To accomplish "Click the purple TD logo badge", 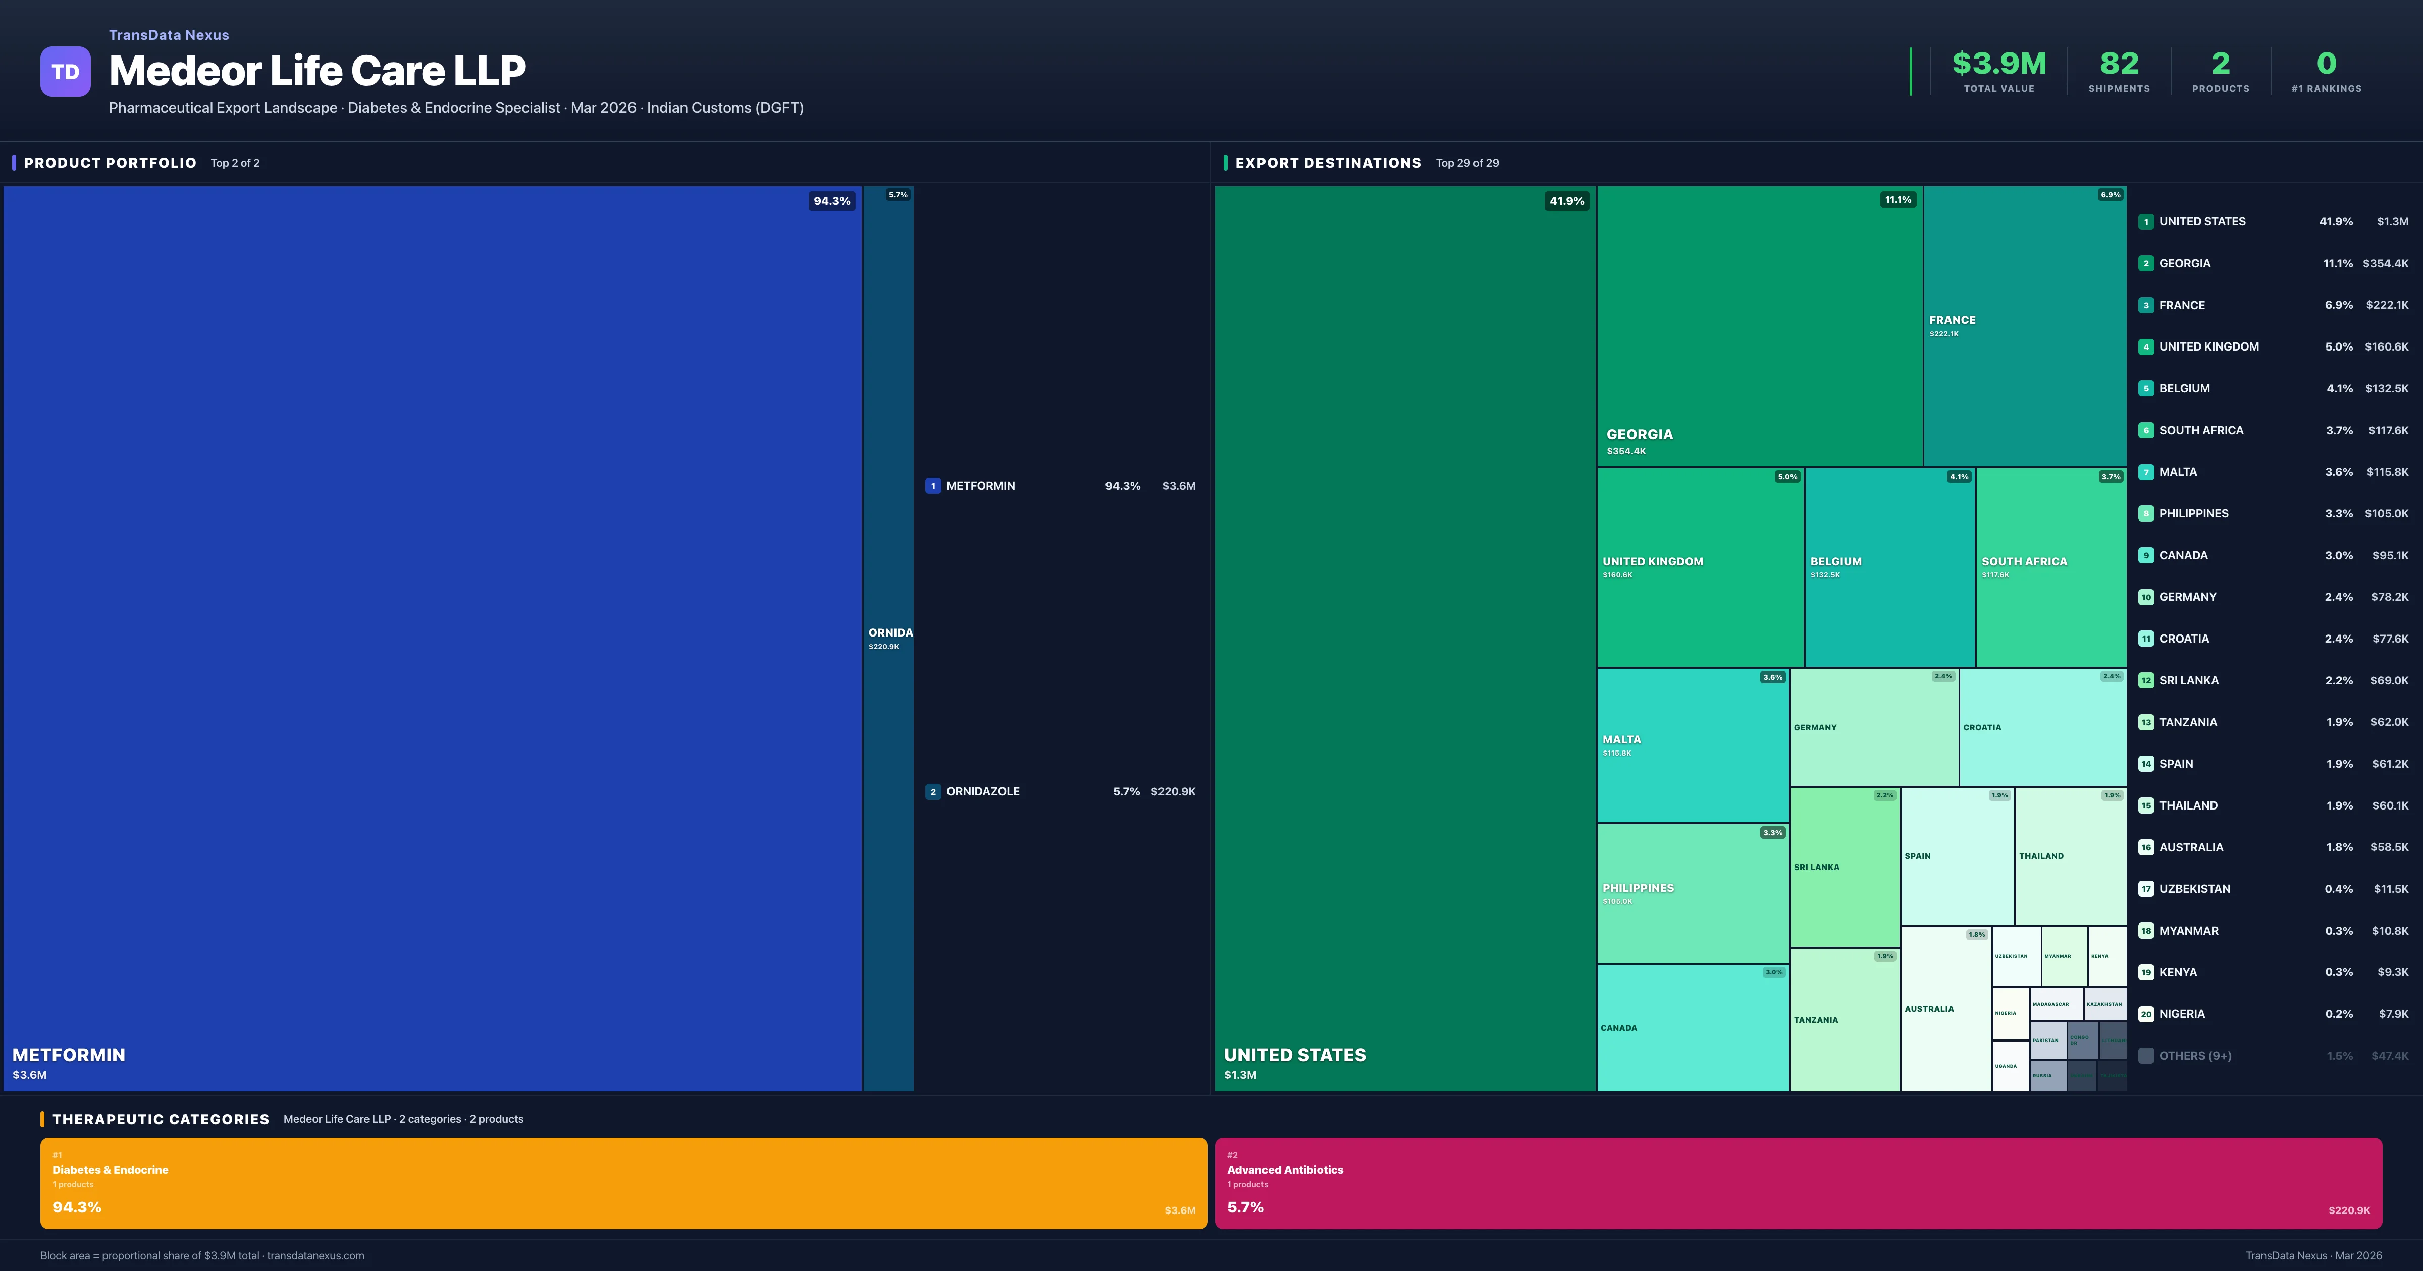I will click(x=65, y=72).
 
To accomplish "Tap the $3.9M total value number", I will click(x=1999, y=64).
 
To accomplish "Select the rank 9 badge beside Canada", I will click(x=2145, y=556).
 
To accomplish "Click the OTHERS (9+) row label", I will click(x=2194, y=1056).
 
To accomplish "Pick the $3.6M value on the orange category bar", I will click(x=1180, y=1210).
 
